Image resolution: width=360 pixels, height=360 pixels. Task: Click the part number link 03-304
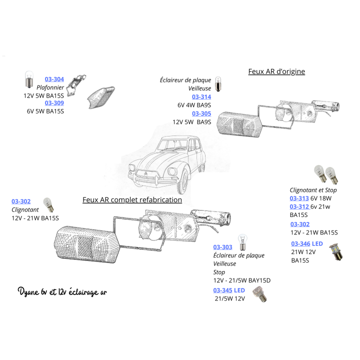(x=54, y=79)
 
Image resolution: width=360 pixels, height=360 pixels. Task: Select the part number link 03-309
(x=54, y=103)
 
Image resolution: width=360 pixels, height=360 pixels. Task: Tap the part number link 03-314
(x=201, y=97)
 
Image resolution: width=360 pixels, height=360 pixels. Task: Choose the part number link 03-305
(x=201, y=113)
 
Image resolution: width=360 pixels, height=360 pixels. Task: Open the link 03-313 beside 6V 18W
(x=299, y=198)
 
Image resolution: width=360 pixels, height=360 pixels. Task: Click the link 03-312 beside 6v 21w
(x=299, y=206)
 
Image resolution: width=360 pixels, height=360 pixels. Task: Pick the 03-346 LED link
(x=307, y=243)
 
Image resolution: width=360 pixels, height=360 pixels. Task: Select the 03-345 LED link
(x=229, y=290)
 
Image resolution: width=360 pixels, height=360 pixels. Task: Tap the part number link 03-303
(x=222, y=247)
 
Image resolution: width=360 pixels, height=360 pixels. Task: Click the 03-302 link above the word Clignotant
(x=21, y=201)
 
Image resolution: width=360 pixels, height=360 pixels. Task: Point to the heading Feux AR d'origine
(x=276, y=71)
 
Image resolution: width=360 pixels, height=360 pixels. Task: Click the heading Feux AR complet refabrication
(x=132, y=199)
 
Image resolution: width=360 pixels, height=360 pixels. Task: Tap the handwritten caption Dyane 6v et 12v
(x=42, y=292)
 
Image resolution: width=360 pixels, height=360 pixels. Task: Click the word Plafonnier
(x=50, y=87)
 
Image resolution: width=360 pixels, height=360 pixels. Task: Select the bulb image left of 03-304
(x=29, y=79)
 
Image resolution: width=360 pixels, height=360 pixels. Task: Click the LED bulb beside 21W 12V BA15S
(x=335, y=252)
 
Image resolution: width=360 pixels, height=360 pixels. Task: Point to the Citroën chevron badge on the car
(x=146, y=174)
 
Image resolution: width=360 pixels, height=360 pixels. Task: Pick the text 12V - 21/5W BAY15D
(x=242, y=280)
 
